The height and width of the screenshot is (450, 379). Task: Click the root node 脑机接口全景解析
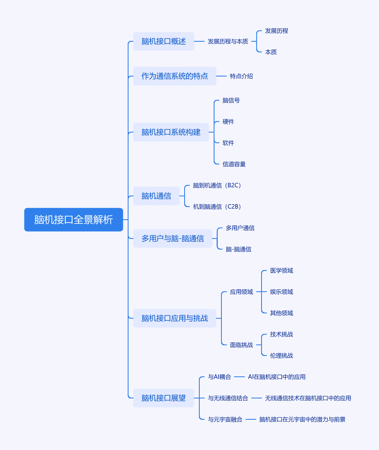pos(74,220)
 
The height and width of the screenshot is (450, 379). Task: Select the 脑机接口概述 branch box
pos(164,41)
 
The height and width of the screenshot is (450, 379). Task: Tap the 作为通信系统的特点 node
pos(175,76)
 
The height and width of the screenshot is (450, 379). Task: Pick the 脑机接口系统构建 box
pos(171,132)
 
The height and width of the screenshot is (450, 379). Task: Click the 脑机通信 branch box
pos(156,196)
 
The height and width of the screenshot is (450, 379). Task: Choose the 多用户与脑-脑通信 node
pos(173,239)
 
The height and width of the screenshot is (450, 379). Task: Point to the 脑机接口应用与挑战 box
pos(175,318)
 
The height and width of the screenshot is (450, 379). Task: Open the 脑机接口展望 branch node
pos(164,398)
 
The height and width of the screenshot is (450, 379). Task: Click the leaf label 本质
pos(271,52)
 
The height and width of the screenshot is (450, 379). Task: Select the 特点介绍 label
pos(241,76)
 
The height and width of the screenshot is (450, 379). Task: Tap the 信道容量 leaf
pos(234,164)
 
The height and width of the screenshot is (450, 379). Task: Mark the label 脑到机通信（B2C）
pos(217,185)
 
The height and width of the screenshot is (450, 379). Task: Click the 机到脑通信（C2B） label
pos(217,207)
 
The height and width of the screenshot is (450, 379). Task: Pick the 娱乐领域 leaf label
pos(282,292)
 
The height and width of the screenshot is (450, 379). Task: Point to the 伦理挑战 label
pos(282,355)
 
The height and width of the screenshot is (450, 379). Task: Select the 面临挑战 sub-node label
pos(241,345)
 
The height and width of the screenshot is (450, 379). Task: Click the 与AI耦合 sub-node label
pos(219,377)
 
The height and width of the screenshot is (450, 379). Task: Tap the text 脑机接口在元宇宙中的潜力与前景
pos(302,419)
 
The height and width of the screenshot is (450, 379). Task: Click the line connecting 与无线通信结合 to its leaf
pos(257,398)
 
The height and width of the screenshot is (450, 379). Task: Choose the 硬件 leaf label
pos(228,122)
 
